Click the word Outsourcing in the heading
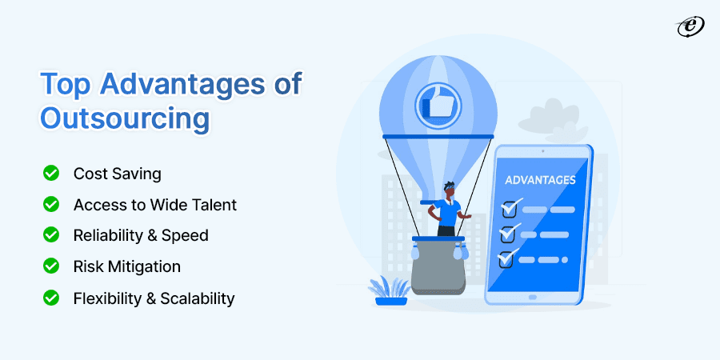pos(125,118)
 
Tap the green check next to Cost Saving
pos(50,172)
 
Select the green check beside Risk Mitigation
pos(50,266)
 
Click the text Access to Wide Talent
pos(154,204)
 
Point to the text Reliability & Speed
pos(140,235)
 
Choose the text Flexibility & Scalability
pos(154,298)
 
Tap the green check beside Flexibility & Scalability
pos(50,298)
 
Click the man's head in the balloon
pos(449,190)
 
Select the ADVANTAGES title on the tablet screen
pos(540,180)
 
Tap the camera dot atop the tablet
pos(542,150)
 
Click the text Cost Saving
pos(117,173)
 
